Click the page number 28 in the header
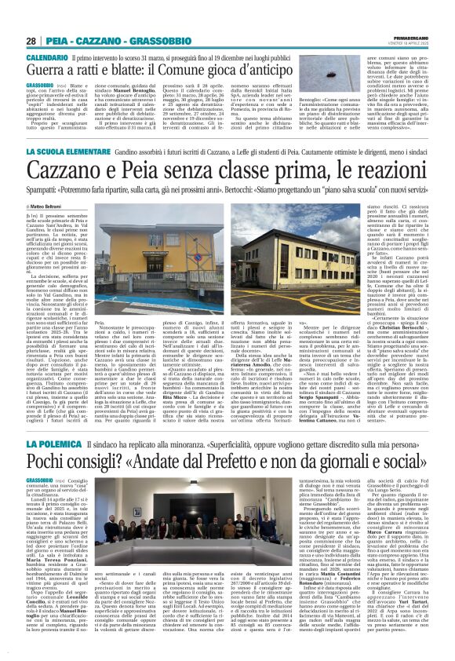tap(31, 40)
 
